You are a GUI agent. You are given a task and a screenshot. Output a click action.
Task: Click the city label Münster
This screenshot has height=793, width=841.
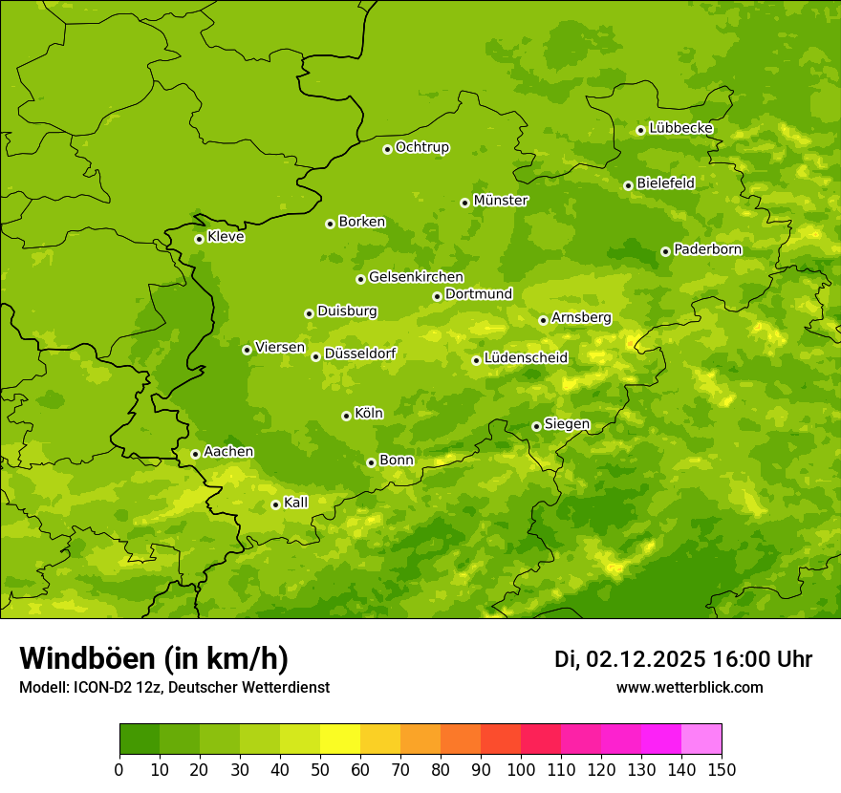click(501, 201)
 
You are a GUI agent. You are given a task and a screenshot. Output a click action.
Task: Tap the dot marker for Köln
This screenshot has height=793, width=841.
click(346, 416)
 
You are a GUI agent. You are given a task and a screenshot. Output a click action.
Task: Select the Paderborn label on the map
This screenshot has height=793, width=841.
click(707, 249)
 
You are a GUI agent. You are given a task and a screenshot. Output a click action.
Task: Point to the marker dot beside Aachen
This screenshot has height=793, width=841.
click(195, 454)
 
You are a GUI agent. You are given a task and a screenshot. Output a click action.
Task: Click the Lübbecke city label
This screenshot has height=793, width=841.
click(680, 128)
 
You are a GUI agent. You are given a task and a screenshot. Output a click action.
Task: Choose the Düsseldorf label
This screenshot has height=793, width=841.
click(359, 354)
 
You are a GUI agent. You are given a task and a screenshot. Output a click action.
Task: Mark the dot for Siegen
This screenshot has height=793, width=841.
click(536, 426)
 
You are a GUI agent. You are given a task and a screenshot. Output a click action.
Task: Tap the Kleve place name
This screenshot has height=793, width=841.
click(226, 237)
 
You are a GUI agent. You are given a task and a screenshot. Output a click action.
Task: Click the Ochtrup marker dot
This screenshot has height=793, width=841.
click(387, 149)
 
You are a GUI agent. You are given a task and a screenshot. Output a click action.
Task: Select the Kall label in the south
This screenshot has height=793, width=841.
click(295, 503)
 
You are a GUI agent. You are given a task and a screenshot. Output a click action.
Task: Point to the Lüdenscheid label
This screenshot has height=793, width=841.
click(526, 358)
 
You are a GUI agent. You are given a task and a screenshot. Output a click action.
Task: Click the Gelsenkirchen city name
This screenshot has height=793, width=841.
click(416, 277)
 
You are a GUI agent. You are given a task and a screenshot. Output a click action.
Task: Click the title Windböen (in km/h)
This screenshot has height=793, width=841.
click(154, 658)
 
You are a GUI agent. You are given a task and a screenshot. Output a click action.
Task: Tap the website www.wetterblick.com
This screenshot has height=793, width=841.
click(689, 687)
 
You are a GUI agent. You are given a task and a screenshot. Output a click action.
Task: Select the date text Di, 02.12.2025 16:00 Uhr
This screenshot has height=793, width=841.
click(683, 659)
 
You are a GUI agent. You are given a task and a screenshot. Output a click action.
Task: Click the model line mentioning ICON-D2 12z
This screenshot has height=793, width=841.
click(174, 687)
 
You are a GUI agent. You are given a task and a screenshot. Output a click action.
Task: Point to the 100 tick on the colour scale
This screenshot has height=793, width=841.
click(521, 769)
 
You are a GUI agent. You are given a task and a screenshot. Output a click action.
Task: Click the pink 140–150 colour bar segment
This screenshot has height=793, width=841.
click(701, 739)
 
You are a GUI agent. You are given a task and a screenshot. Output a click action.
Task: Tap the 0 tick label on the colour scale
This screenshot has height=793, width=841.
click(119, 769)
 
